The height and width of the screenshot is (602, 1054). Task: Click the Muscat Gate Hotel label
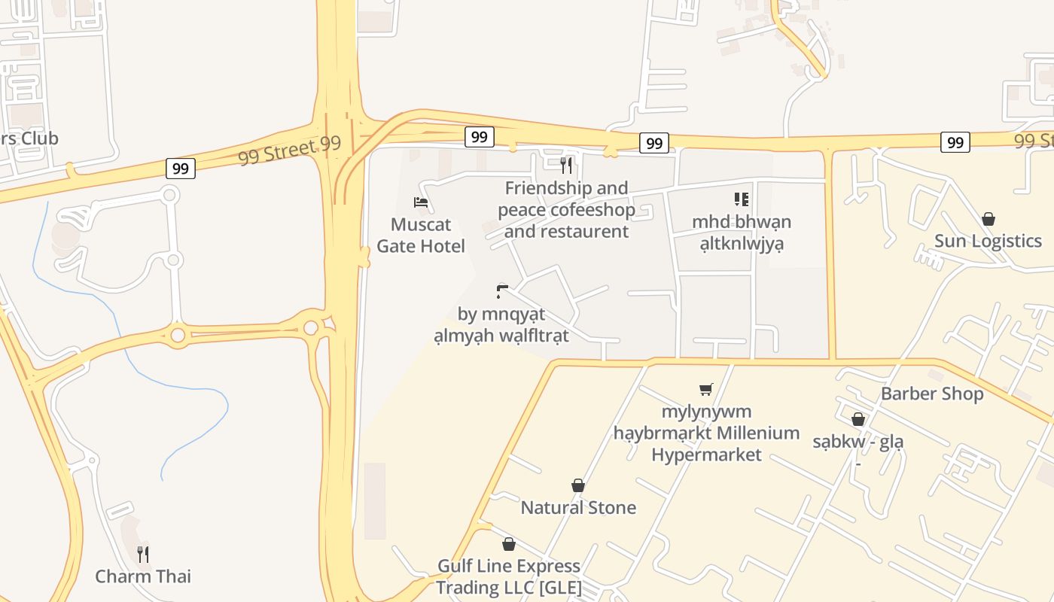coord(421,235)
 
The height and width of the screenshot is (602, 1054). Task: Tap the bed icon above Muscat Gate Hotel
coord(421,202)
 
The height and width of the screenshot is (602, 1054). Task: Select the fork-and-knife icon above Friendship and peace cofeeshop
coord(566,165)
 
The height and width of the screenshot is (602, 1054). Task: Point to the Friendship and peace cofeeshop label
coord(566,209)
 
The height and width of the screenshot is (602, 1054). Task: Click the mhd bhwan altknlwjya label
coord(742,233)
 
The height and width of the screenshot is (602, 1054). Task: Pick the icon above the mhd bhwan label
coord(742,199)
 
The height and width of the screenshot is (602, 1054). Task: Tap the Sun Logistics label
coord(988,241)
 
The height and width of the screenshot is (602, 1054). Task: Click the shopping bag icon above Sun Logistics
coord(988,219)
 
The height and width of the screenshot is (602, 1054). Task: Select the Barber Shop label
coord(932,394)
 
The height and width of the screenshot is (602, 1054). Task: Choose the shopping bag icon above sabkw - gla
coord(858,419)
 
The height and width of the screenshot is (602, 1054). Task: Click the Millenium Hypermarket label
coord(706,433)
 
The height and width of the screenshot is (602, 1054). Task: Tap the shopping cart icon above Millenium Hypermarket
coord(705,389)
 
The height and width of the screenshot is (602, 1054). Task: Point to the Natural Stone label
coord(578,507)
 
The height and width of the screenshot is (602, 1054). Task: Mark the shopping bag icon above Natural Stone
coord(578,485)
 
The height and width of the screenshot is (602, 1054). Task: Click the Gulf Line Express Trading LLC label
coord(509,576)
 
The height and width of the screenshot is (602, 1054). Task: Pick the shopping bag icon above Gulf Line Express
coord(509,544)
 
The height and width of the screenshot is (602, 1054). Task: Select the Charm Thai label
coord(143,576)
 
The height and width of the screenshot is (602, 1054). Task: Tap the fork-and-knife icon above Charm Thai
coord(143,555)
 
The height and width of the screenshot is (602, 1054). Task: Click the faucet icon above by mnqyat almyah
coord(502,291)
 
